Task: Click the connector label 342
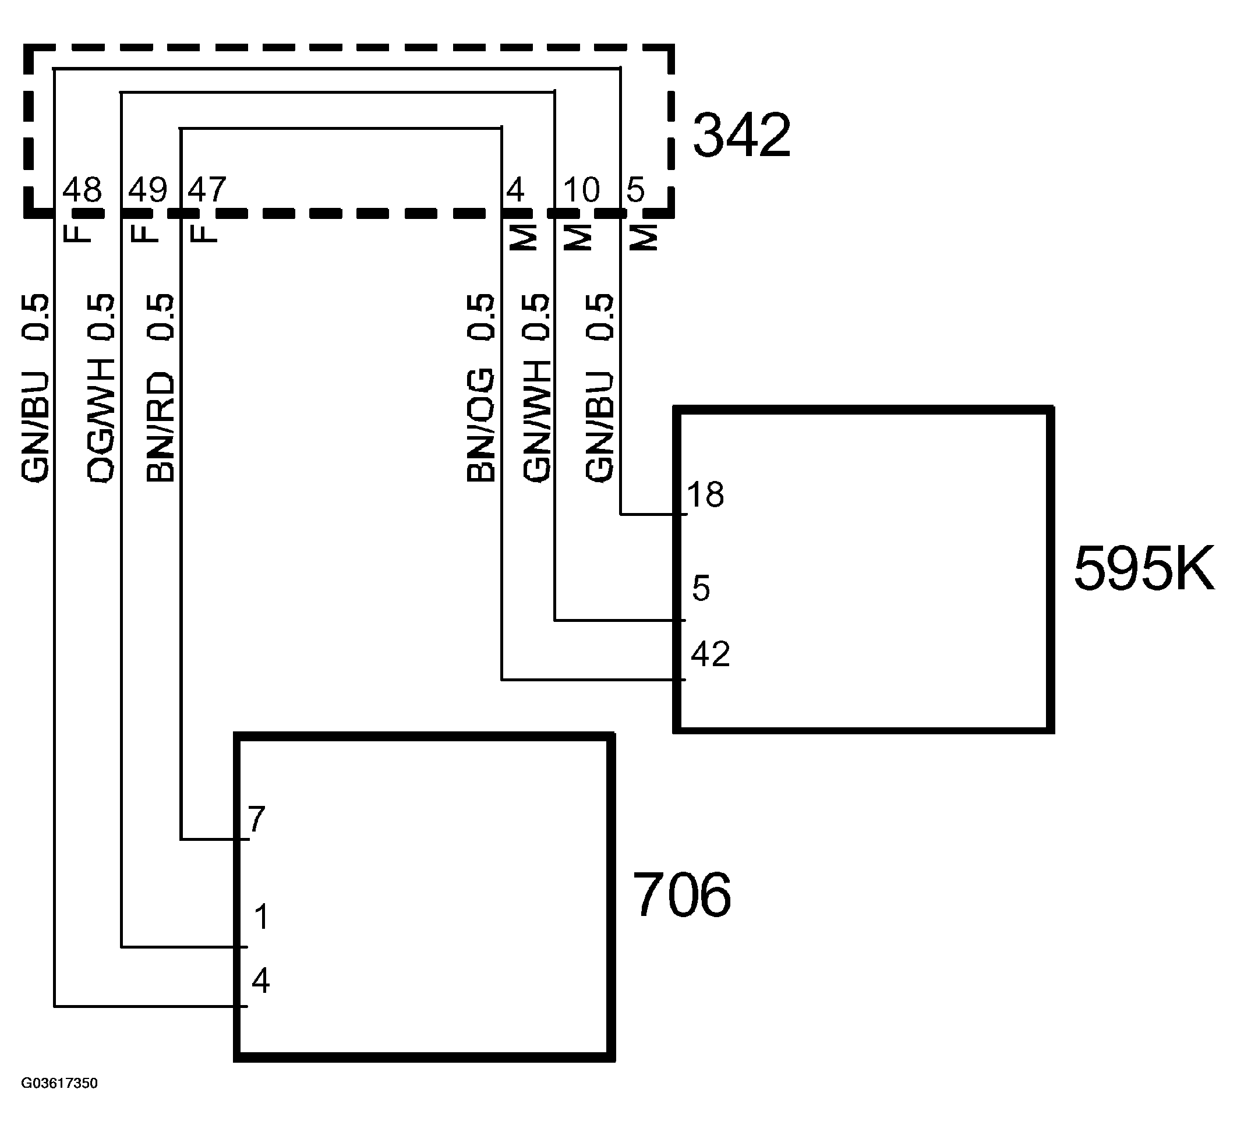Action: (741, 136)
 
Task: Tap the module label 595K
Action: (1144, 569)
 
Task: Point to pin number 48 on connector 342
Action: (82, 190)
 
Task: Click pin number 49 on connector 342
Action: (147, 190)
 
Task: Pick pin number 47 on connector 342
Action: (207, 190)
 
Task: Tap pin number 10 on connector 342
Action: (581, 190)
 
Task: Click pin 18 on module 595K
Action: (705, 494)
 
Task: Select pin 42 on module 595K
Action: (710, 654)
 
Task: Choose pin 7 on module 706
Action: (256, 819)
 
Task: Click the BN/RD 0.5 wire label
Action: (161, 388)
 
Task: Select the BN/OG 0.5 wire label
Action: (480, 388)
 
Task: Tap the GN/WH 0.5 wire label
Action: (536, 388)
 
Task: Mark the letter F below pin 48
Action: (77, 232)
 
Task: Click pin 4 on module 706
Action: (260, 981)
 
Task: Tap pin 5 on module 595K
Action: (701, 588)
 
